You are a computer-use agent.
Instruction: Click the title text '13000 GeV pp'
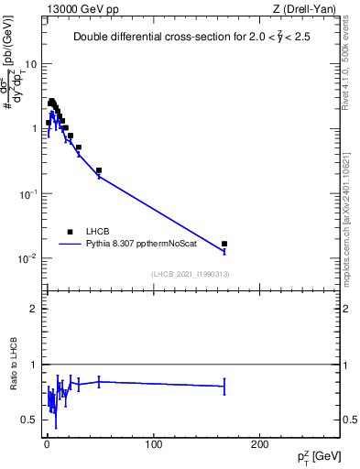click(80, 8)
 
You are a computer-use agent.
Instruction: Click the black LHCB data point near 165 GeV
click(224, 244)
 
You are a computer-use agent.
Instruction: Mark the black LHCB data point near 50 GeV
click(99, 170)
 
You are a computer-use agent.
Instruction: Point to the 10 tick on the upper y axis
click(32, 64)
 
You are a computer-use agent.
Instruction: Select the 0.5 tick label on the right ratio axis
click(350, 420)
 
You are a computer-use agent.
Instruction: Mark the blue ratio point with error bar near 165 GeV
click(224, 387)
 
